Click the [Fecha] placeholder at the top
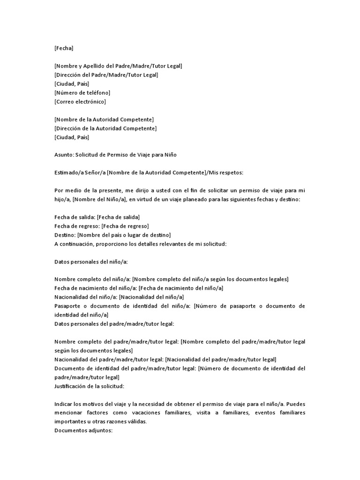pyautogui.click(x=64, y=48)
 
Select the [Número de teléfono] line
pyautogui.click(x=82, y=93)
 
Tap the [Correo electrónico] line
pyautogui.click(x=80, y=102)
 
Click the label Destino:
pyautogui.click(x=65, y=235)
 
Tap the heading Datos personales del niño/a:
pyautogui.click(x=91, y=262)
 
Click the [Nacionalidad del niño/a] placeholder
pyautogui.click(x=151, y=297)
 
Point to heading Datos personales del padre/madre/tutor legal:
pyautogui.click(x=114, y=324)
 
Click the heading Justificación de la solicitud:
pyautogui.click(x=90, y=386)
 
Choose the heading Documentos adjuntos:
pyautogui.click(x=83, y=431)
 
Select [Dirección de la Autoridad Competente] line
pyautogui.click(x=105, y=128)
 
